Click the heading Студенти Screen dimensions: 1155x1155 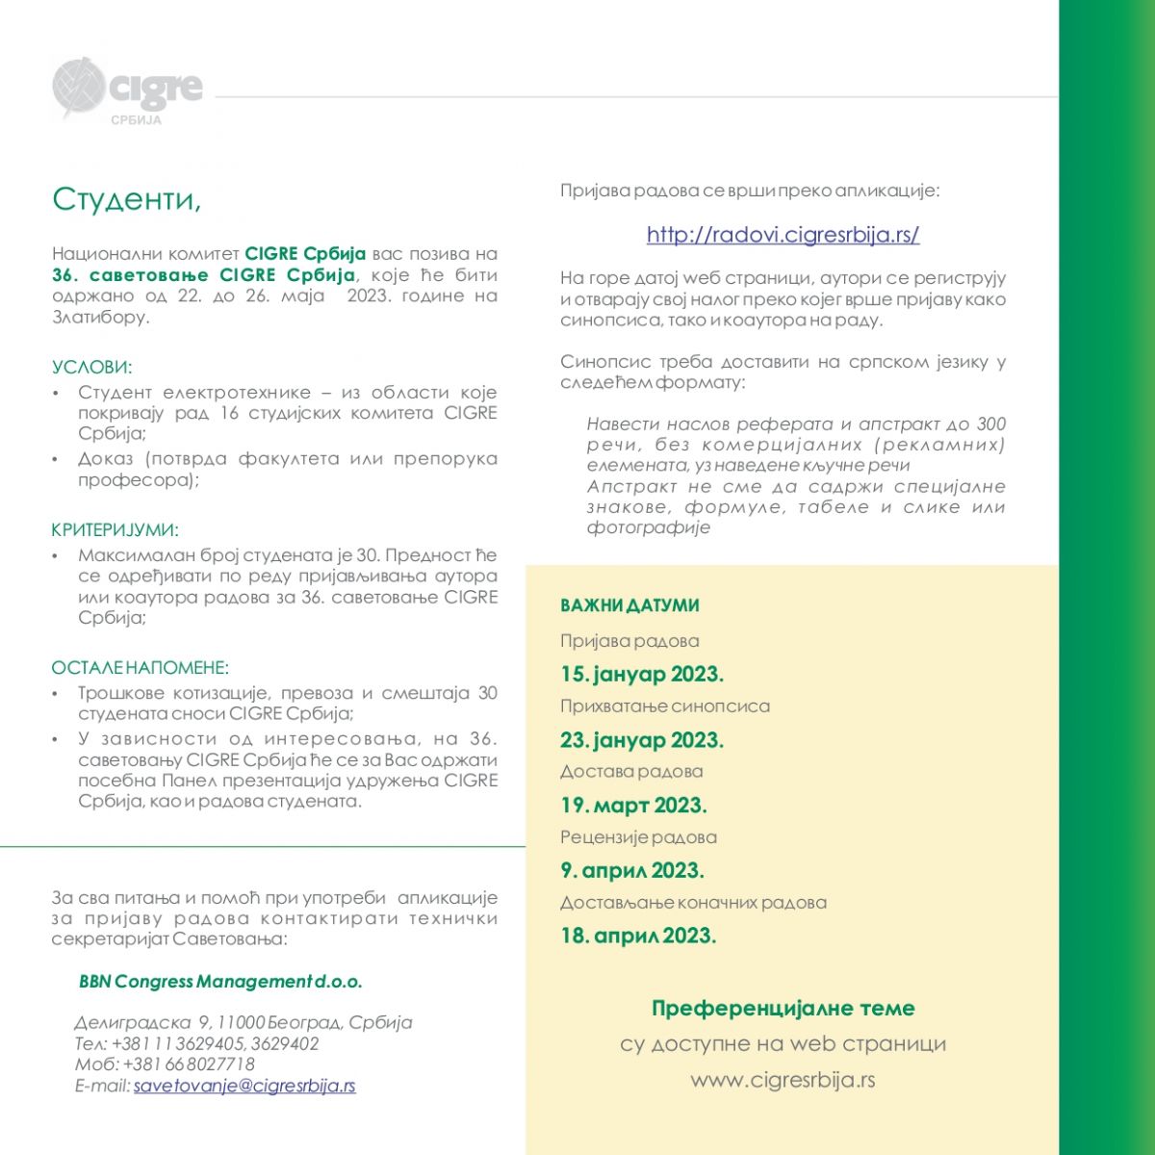click(126, 199)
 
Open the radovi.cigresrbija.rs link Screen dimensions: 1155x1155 click(783, 234)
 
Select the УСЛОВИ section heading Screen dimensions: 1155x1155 click(92, 367)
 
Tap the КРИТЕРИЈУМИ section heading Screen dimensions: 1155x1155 click(115, 529)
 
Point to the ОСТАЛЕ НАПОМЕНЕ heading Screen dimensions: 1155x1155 click(140, 667)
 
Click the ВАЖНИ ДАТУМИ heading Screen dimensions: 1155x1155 click(629, 605)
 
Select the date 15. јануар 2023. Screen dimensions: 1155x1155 click(642, 674)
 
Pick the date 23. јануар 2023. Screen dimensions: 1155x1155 click(642, 739)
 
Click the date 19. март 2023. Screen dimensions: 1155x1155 click(633, 805)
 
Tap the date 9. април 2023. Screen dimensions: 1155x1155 click(632, 870)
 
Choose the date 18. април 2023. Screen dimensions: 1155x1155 click(638, 936)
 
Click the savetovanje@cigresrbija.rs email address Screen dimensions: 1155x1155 click(244, 1086)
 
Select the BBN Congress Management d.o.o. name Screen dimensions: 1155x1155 click(220, 982)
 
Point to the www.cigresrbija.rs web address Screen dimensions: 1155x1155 click(783, 1080)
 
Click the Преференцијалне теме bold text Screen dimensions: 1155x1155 click(783, 1008)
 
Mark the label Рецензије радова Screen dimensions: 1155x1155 click(638, 837)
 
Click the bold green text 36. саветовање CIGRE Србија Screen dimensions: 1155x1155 click(204, 275)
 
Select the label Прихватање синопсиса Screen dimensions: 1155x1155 click(665, 706)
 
